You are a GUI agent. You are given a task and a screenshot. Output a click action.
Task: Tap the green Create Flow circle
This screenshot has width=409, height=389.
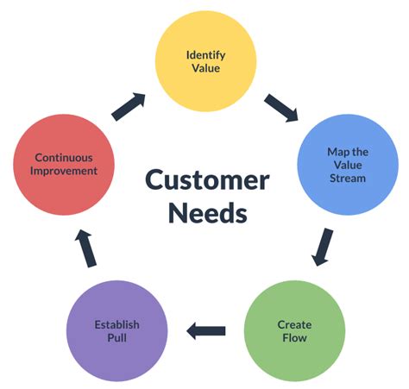(x=293, y=330)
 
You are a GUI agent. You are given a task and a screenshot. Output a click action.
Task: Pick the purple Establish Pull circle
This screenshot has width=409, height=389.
(x=117, y=330)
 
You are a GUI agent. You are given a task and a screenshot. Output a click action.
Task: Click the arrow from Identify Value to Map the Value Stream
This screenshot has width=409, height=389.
(x=281, y=107)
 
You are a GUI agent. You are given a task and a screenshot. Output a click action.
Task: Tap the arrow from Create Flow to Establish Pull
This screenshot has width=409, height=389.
(x=206, y=329)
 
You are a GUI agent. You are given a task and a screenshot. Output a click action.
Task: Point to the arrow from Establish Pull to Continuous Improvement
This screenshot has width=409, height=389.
(x=89, y=248)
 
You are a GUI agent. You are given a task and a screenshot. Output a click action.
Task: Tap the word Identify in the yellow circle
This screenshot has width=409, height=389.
(x=205, y=55)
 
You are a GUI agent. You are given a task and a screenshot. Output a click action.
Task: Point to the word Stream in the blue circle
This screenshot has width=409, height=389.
(x=347, y=179)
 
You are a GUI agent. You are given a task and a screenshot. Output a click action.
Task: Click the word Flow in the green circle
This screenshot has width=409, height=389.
(x=294, y=337)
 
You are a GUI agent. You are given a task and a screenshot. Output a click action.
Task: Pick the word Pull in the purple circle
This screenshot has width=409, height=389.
(x=117, y=337)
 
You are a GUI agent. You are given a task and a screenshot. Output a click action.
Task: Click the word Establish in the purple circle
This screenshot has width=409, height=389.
(x=117, y=324)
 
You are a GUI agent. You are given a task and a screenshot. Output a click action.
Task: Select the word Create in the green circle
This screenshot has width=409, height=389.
(x=294, y=324)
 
